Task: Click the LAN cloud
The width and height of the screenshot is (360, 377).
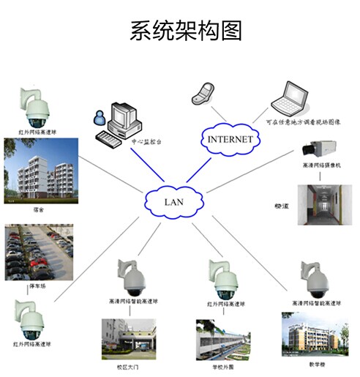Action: click(x=175, y=198)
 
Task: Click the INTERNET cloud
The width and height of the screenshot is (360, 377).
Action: click(x=229, y=138)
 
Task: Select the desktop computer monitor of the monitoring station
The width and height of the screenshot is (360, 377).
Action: click(x=121, y=115)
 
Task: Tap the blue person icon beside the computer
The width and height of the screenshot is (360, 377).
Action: click(x=96, y=118)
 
